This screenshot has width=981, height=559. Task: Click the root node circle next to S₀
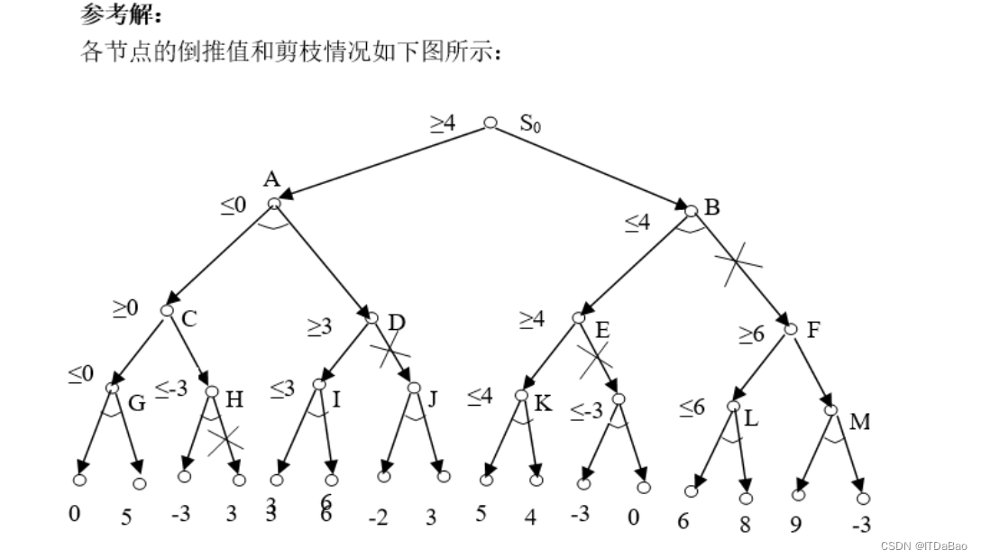click(x=490, y=123)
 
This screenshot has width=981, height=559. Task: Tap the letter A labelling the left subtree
click(x=271, y=179)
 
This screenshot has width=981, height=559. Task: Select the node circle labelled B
click(x=692, y=211)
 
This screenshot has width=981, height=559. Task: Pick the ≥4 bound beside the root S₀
click(x=442, y=124)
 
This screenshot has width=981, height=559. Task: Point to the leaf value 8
click(x=745, y=524)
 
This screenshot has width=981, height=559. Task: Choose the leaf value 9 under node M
click(x=795, y=524)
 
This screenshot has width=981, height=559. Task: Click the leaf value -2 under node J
click(x=379, y=519)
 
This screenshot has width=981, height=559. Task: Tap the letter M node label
click(x=859, y=421)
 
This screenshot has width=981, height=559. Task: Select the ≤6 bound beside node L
click(x=692, y=408)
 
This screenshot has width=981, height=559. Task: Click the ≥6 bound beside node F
click(x=751, y=334)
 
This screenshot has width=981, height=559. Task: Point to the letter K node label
click(x=542, y=403)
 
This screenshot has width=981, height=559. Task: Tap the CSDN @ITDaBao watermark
click(x=924, y=545)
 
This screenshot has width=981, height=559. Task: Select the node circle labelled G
click(x=112, y=388)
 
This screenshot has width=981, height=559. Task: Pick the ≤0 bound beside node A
click(x=234, y=206)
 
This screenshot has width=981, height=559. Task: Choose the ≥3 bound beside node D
click(x=320, y=326)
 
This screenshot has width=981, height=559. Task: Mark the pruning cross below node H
click(x=225, y=441)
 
